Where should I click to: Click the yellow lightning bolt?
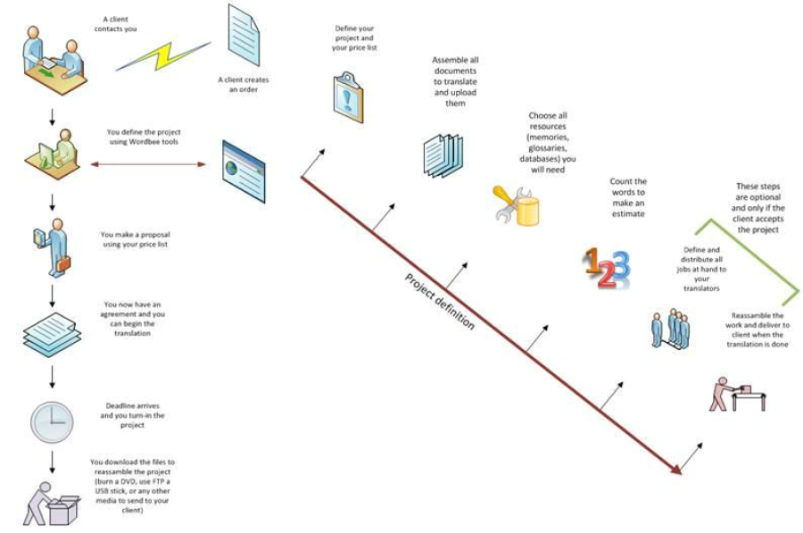click(x=162, y=55)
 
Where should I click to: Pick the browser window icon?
click(x=244, y=164)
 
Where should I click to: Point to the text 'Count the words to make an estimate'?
click(x=628, y=197)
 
